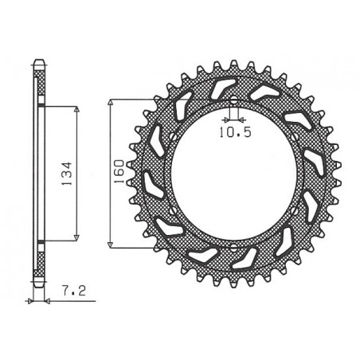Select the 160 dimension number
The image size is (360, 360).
point(118,171)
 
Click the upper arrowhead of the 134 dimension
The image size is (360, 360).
point(76,110)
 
